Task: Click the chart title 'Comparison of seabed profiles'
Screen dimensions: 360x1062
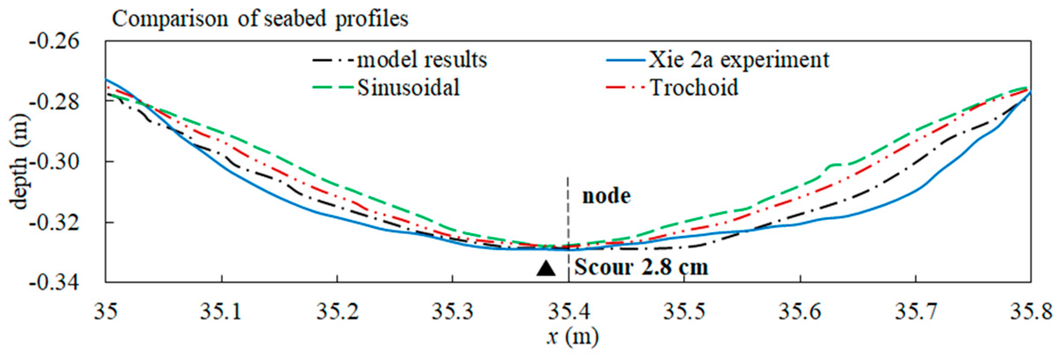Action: (260, 19)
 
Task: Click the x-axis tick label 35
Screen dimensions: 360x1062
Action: (106, 311)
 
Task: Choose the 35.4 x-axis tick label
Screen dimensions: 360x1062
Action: (569, 311)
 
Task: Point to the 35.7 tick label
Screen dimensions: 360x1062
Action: (916, 311)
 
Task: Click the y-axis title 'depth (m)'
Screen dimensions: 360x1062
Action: (19, 162)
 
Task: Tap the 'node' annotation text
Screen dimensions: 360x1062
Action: (606, 196)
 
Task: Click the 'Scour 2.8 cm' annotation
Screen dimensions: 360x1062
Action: (641, 267)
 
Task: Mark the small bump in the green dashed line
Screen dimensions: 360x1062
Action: (833, 165)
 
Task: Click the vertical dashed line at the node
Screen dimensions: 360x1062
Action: (568, 212)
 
